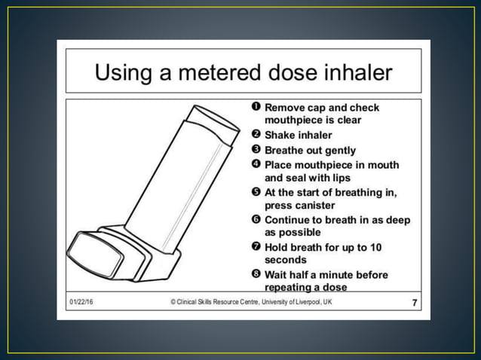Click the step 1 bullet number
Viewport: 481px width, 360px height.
256,107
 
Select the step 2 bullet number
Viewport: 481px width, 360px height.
256,135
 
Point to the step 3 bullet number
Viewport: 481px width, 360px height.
256,150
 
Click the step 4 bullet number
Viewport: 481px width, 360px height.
256,164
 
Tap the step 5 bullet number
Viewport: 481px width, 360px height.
256,192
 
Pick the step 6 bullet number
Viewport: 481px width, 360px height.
256,219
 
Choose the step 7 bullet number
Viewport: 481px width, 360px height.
256,246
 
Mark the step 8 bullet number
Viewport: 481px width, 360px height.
256,274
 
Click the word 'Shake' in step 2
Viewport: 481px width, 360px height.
280,135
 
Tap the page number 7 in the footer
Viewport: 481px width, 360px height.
414,302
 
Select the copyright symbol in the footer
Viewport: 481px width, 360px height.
173,302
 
